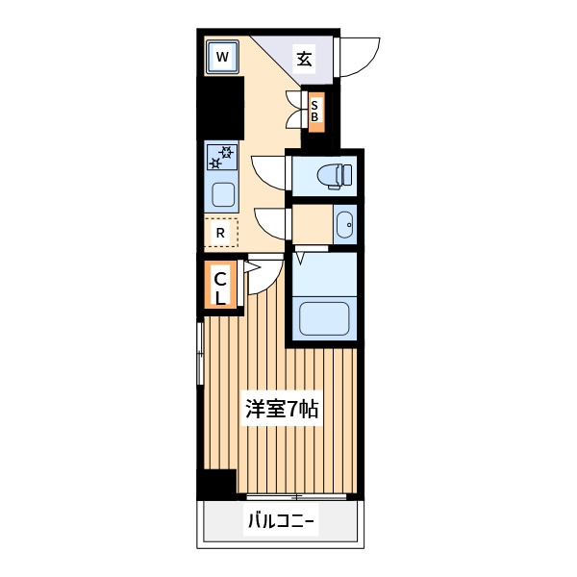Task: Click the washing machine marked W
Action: pyautogui.click(x=222, y=57)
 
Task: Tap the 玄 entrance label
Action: pyautogui.click(x=305, y=59)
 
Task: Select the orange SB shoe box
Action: pyautogui.click(x=316, y=112)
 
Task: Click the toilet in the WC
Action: pyautogui.click(x=335, y=177)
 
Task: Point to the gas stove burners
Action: pyautogui.click(x=222, y=157)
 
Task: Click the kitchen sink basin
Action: pyautogui.click(x=223, y=194)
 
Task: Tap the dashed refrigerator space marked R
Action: pyautogui.click(x=221, y=233)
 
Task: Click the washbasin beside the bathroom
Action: pyautogui.click(x=345, y=224)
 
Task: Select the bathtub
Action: pyautogui.click(x=324, y=318)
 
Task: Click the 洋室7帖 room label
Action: pyautogui.click(x=282, y=408)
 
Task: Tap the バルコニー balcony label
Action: pyautogui.click(x=282, y=521)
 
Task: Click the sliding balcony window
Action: pyautogui.click(x=296, y=497)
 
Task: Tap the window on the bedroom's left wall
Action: pyautogui.click(x=200, y=354)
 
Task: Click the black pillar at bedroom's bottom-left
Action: pyautogui.click(x=216, y=485)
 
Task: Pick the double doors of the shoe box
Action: pyautogui.click(x=294, y=110)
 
